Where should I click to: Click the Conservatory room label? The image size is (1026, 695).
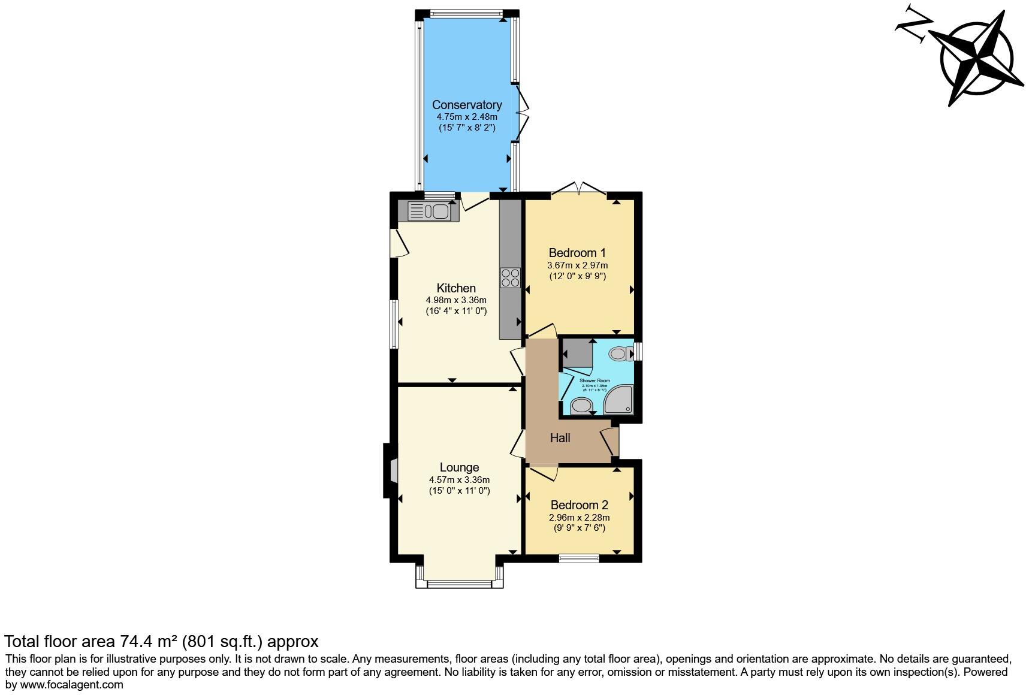(467, 105)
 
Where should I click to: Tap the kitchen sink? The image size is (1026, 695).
(428, 211)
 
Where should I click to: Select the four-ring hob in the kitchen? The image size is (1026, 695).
(511, 278)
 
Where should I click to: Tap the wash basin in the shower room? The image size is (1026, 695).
(581, 406)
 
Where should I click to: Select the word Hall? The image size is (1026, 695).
(560, 438)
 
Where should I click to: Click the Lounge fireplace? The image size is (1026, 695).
(392, 470)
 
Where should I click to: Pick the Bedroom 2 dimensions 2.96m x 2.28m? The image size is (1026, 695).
(579, 518)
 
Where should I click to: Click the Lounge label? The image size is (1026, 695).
(459, 467)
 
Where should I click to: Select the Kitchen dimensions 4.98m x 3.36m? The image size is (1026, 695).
(455, 300)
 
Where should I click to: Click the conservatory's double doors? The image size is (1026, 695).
(522, 112)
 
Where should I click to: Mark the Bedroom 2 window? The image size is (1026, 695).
(579, 558)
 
